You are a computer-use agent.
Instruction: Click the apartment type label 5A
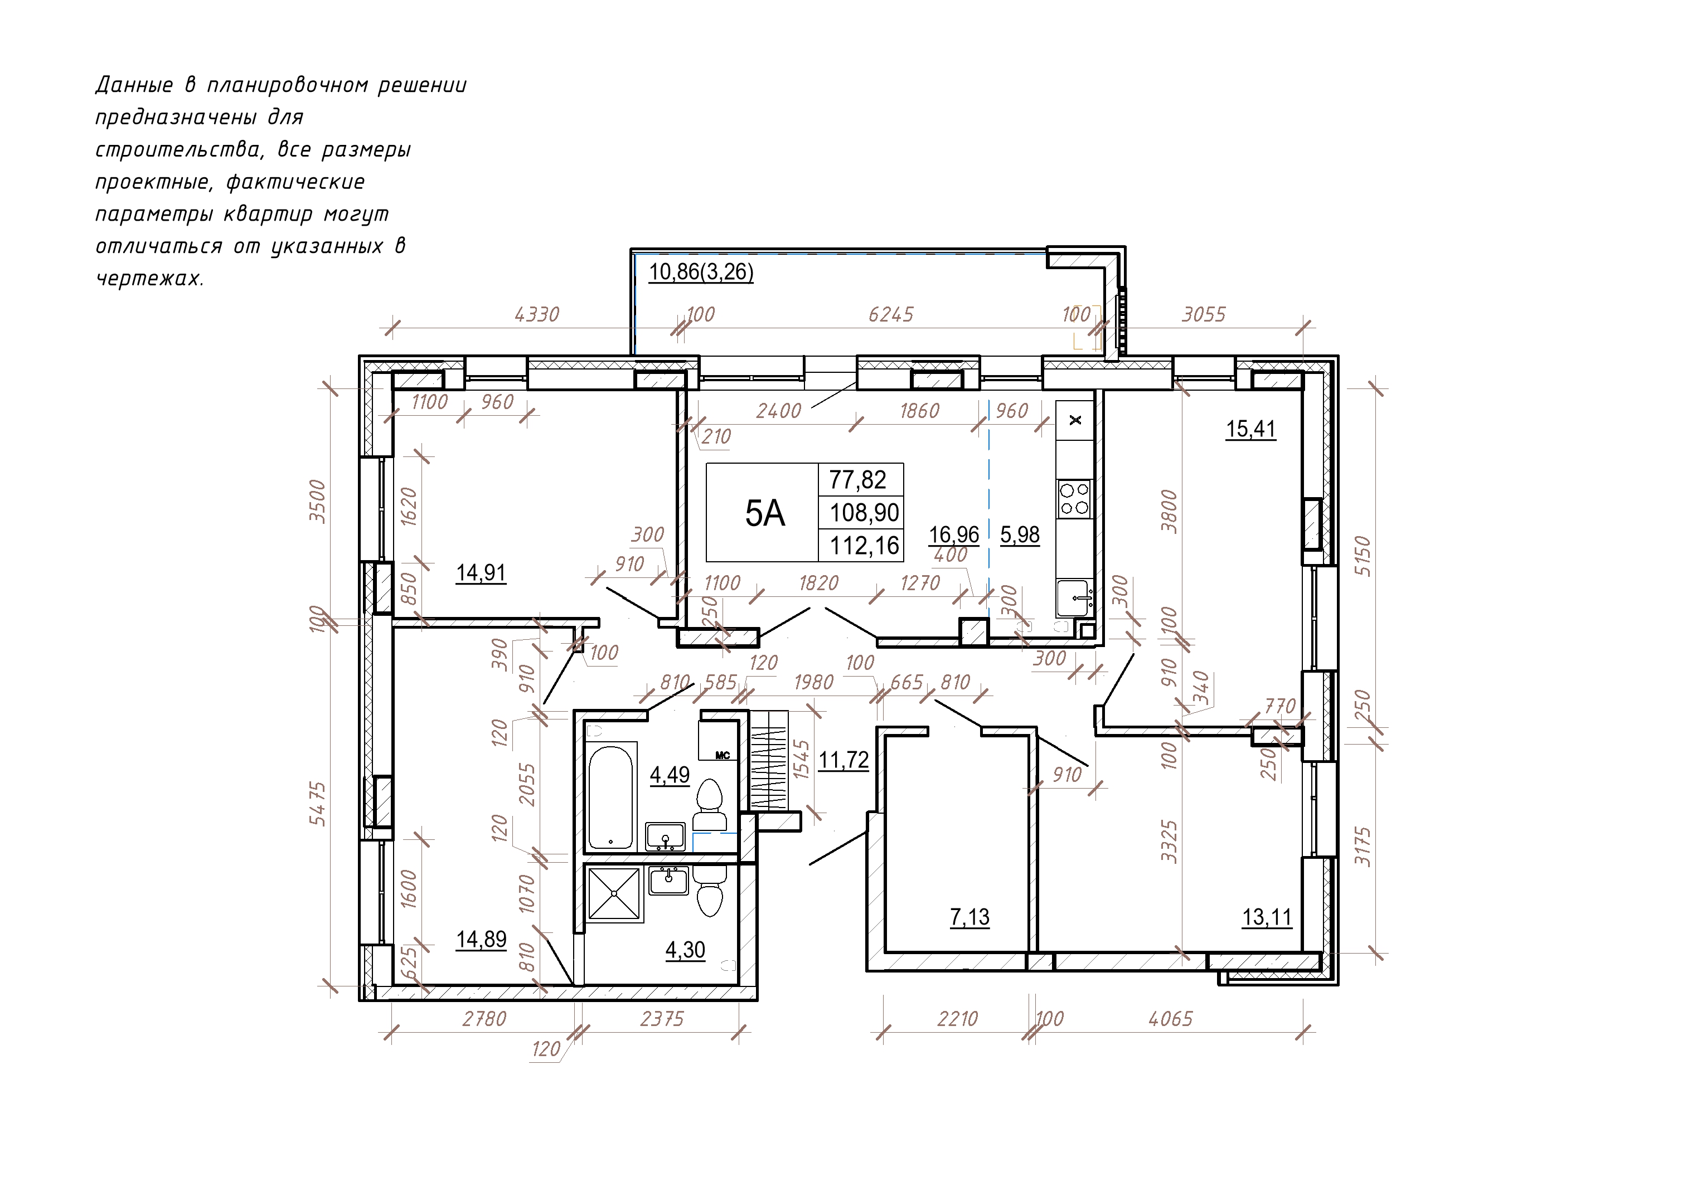tap(765, 514)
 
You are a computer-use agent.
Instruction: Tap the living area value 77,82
tap(858, 480)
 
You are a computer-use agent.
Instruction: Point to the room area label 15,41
tap(1250, 429)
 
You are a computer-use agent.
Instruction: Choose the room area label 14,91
tap(481, 572)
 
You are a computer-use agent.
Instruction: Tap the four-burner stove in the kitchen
tap(1074, 499)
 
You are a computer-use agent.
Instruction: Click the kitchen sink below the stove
tap(1074, 597)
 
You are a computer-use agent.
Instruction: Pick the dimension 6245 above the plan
tap(891, 315)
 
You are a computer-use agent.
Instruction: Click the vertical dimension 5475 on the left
tap(318, 803)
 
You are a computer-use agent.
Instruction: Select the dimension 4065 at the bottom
tap(1170, 1019)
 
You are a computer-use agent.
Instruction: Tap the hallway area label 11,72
tap(844, 760)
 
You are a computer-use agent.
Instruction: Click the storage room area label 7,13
tap(970, 917)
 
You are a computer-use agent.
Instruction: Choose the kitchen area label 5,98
tap(1020, 535)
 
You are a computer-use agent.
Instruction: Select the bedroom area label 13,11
tap(1267, 917)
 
